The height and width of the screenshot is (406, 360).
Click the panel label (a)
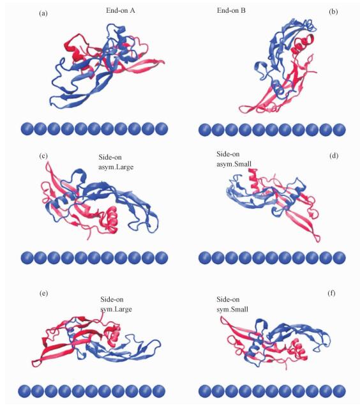point(43,13)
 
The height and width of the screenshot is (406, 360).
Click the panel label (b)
point(333,12)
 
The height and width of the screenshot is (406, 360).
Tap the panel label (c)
point(43,156)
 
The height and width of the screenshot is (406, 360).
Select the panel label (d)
point(334,156)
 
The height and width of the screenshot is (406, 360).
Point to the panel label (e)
point(43,293)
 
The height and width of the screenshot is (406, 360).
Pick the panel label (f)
point(331,293)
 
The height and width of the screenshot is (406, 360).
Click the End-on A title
point(121,10)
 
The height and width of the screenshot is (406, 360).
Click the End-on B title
point(231,10)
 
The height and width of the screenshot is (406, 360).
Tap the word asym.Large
point(116,167)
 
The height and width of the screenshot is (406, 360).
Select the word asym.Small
point(234,164)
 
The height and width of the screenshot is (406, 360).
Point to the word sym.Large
point(116,309)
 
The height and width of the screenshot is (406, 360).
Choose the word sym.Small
point(232,309)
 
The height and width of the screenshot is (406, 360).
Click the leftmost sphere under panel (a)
point(27,129)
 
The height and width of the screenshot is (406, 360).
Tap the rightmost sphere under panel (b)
point(340,130)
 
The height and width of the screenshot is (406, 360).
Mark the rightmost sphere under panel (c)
point(161,258)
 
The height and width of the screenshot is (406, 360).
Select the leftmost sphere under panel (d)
point(205,258)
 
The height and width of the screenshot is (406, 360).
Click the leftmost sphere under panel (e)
point(25,391)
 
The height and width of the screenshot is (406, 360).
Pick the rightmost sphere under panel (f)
point(340,391)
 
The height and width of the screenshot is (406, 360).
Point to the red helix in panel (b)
point(303,43)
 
